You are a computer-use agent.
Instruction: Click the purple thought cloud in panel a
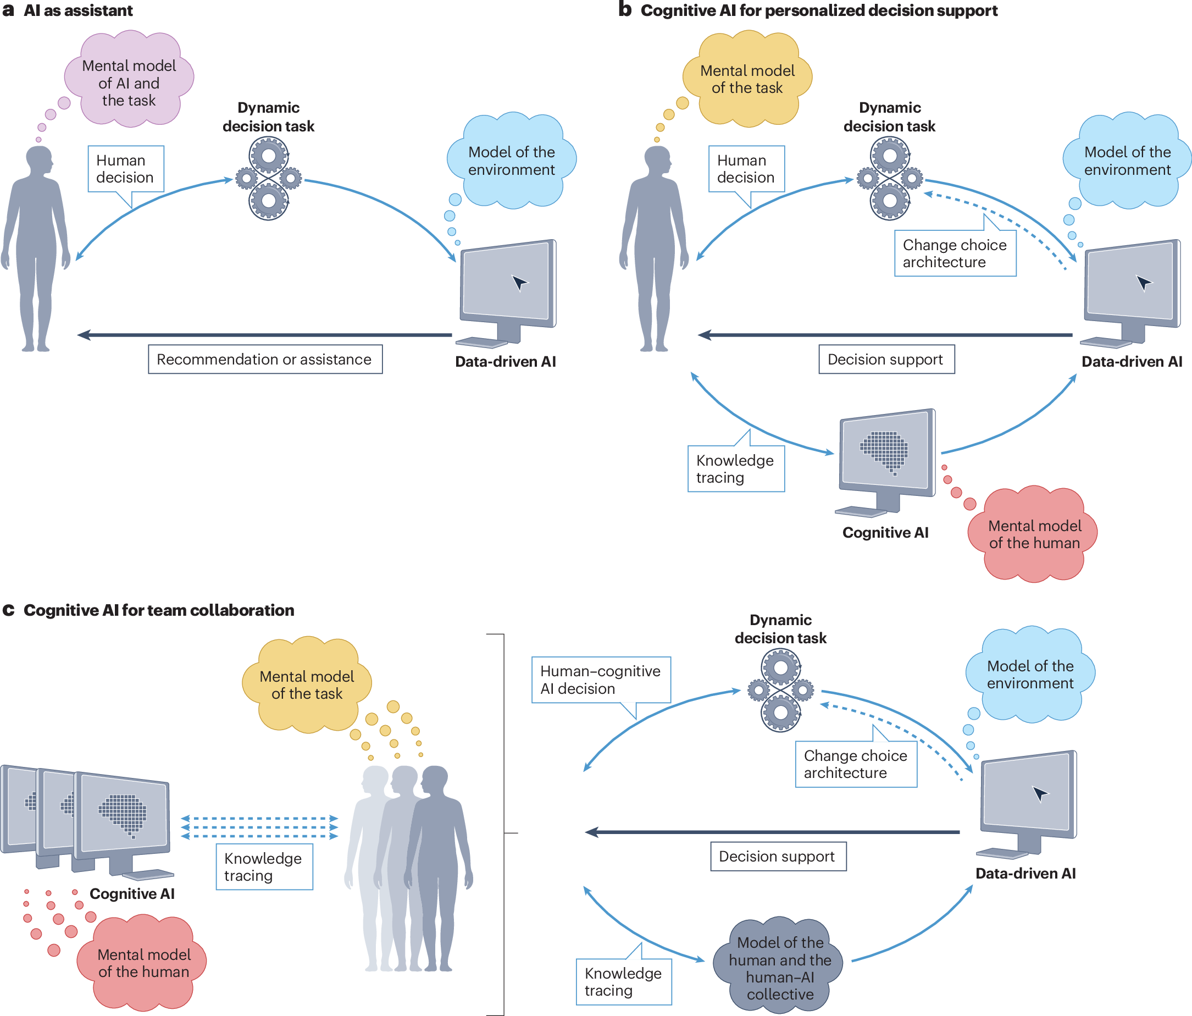(129, 79)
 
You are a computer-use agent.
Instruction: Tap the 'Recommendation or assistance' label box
(265, 359)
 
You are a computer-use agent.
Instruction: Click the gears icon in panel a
(269, 179)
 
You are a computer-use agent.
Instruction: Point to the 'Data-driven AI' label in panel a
(505, 362)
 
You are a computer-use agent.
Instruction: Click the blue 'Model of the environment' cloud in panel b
(1127, 160)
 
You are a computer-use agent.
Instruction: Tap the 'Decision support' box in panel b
(886, 359)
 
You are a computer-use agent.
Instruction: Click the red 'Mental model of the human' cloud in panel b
(1033, 534)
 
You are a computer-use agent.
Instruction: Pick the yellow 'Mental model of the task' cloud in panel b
(747, 79)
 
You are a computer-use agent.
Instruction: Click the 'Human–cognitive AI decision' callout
(601, 682)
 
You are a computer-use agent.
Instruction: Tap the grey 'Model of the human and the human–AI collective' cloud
(779, 965)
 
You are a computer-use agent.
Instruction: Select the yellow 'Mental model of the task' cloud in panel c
(307, 684)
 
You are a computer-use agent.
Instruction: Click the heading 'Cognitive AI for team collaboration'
(159, 610)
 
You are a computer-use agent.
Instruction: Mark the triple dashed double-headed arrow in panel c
(259, 827)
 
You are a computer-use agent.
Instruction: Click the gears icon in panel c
(781, 690)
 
